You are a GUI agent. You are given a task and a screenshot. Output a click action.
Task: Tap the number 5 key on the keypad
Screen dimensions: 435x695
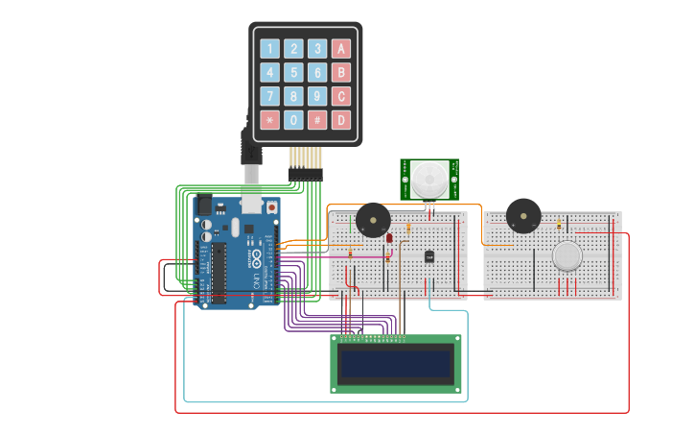(294, 72)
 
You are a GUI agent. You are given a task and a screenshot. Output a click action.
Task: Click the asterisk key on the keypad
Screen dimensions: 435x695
(270, 120)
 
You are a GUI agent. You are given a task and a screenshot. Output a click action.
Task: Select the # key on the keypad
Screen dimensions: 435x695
(317, 120)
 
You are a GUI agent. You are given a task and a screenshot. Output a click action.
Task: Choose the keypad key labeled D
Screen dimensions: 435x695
(341, 120)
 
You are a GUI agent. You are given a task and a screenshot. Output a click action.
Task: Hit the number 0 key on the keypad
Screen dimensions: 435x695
(294, 120)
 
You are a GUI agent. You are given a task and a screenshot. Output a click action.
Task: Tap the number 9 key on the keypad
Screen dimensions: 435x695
(317, 96)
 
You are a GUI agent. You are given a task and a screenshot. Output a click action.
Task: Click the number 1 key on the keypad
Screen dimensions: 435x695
(270, 49)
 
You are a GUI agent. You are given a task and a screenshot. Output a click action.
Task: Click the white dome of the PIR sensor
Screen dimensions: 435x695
(429, 178)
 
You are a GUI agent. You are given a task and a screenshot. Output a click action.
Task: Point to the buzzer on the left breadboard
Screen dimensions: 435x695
(373, 221)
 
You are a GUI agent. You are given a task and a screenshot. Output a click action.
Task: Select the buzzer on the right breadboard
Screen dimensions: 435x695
(523, 215)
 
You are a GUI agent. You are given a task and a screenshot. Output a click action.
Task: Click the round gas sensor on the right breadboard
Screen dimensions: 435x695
(567, 256)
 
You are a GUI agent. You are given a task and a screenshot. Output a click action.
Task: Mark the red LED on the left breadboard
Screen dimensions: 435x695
(389, 237)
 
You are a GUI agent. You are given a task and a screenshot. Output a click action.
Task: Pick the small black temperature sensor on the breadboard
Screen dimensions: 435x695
(429, 256)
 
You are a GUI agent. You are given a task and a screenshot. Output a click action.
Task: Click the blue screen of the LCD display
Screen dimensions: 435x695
(396, 364)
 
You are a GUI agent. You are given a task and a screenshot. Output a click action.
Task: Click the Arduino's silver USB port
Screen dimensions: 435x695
(251, 200)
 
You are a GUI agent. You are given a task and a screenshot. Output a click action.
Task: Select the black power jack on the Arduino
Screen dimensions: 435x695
(203, 205)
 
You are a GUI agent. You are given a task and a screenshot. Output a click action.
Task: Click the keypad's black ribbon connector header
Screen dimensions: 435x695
(305, 174)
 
